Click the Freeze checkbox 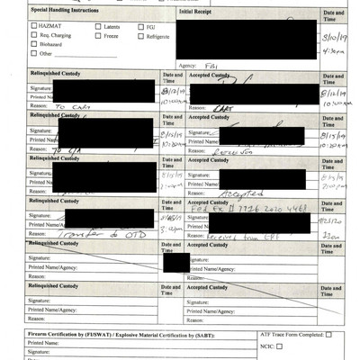click(98, 36)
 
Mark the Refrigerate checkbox click(139, 36)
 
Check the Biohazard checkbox click(33, 45)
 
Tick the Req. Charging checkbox click(33, 36)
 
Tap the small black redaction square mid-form click(176, 262)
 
